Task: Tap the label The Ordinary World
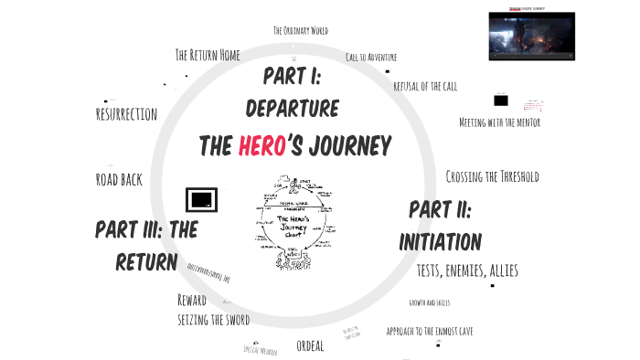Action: [x=302, y=30]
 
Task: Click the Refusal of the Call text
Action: [x=424, y=86]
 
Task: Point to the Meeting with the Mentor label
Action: [x=499, y=122]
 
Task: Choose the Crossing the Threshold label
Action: [x=492, y=176]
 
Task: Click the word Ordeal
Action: [x=311, y=345]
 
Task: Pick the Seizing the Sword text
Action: [x=213, y=320]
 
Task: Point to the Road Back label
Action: [x=119, y=179]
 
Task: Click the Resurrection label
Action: [x=126, y=114]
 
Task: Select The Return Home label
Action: [x=208, y=55]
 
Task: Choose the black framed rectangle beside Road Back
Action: [x=200, y=198]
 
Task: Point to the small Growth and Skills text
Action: [x=429, y=302]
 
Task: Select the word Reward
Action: [x=192, y=300]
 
